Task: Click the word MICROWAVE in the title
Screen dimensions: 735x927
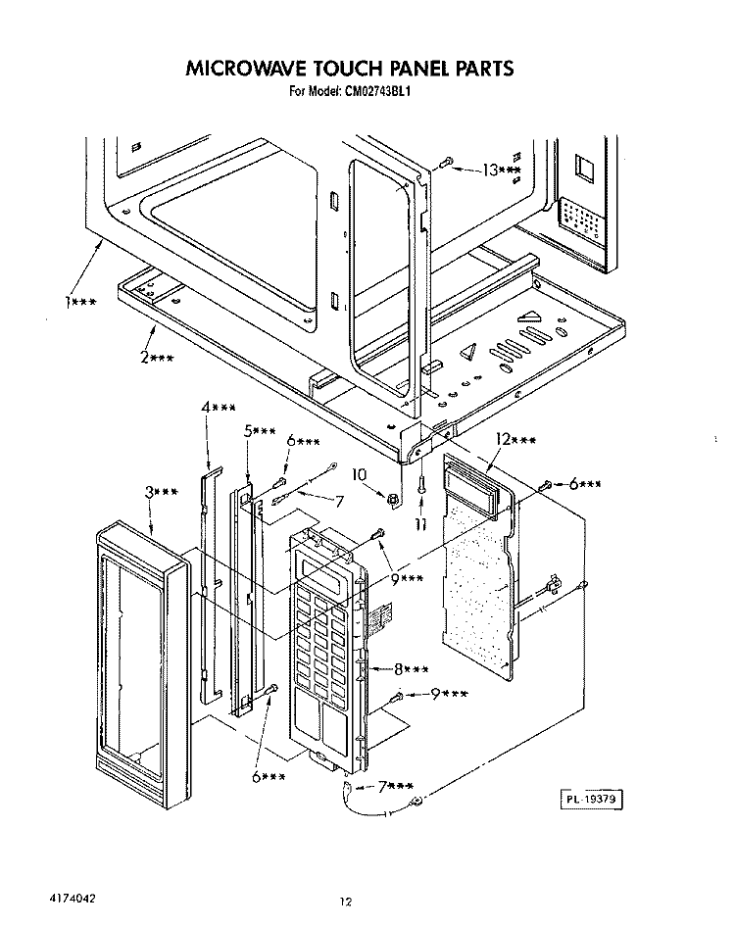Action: (x=247, y=69)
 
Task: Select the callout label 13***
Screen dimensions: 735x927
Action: (x=502, y=171)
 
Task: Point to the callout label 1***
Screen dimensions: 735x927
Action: (x=80, y=302)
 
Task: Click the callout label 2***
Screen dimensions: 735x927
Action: (x=157, y=358)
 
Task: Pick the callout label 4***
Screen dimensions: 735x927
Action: (x=219, y=408)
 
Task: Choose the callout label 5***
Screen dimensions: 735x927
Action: (x=260, y=431)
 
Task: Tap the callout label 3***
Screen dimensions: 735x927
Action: (x=162, y=492)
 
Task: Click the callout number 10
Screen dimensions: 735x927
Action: (x=360, y=474)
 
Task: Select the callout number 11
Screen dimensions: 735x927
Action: (x=420, y=524)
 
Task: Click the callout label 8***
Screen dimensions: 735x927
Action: (x=412, y=669)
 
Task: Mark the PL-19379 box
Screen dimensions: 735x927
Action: (x=591, y=800)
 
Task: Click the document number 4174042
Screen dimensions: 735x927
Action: (x=72, y=898)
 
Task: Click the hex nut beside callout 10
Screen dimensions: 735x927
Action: (x=391, y=500)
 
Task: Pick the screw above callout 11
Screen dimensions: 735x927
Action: (x=420, y=484)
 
